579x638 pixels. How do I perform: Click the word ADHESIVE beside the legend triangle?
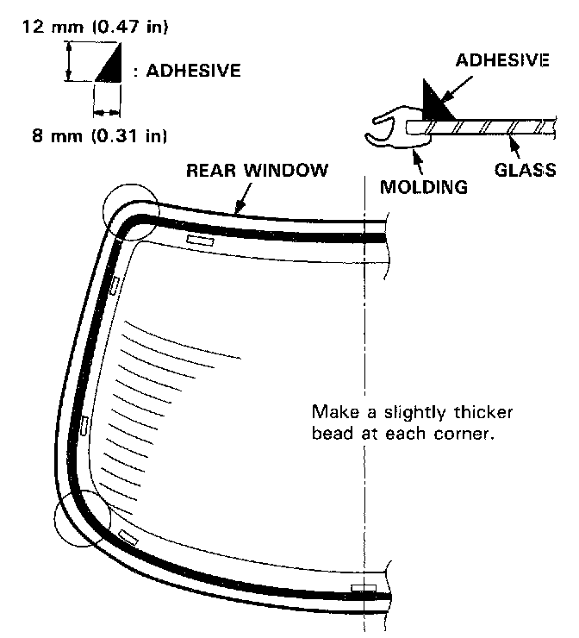point(193,70)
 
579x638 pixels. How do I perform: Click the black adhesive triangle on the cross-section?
point(436,104)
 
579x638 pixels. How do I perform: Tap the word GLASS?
point(525,169)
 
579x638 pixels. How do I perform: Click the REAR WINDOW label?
point(258,171)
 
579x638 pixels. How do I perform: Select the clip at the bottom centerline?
point(363,589)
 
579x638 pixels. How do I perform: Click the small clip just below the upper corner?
point(115,283)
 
